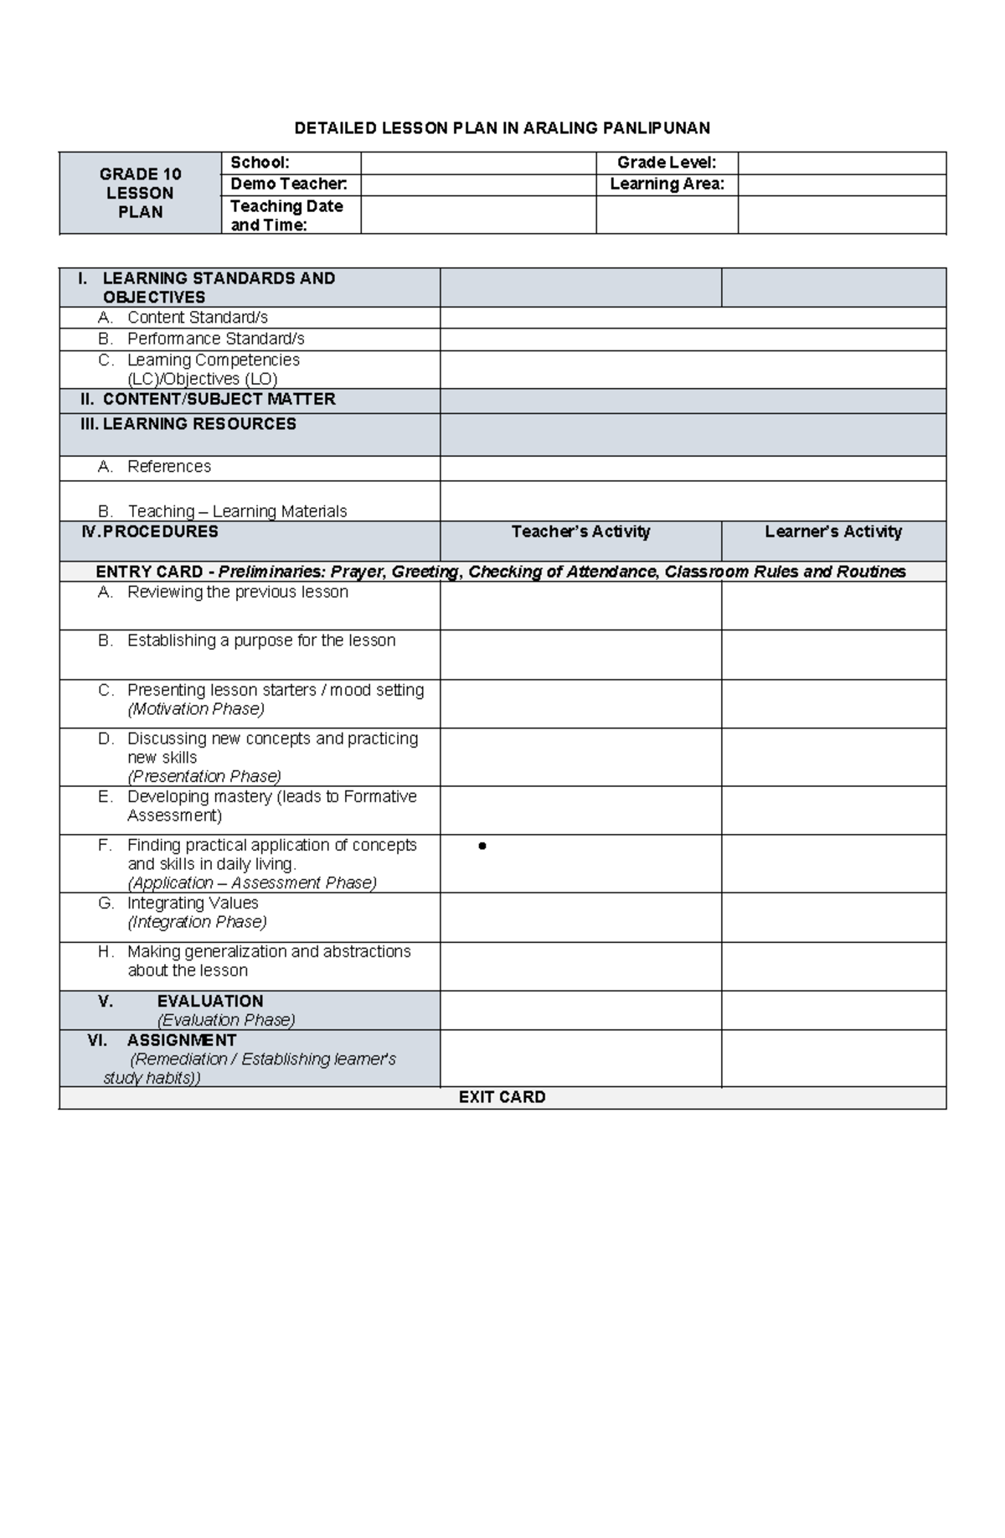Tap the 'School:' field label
260,163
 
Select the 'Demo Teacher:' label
288,184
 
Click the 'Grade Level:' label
666,163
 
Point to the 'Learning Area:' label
667,184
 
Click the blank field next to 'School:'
477,163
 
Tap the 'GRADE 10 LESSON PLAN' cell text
140,193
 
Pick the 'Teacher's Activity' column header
580,531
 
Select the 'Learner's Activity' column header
833,531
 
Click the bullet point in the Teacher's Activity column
482,847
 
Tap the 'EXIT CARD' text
502,1097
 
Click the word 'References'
169,467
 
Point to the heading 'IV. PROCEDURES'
149,531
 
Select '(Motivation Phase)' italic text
196,709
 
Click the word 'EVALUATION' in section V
210,1001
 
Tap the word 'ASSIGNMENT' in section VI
182,1040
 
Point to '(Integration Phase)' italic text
197,922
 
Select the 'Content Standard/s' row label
198,318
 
